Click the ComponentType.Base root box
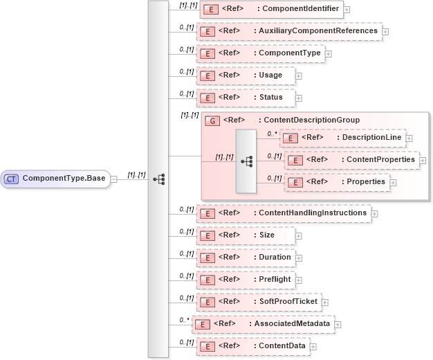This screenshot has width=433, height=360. pos(55,179)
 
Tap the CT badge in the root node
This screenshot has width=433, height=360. pos(12,179)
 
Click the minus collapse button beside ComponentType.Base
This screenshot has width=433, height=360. pos(113,179)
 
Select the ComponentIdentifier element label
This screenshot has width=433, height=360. pos(298,9)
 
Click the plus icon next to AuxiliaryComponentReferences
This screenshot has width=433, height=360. pos(385,31)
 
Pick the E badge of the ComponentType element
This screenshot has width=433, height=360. pos(205,53)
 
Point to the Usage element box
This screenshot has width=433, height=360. pos(246,75)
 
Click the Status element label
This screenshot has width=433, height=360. pos(270,98)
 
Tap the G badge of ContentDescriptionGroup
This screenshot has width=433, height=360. pos(214,120)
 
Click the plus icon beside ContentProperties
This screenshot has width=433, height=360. pos(423,160)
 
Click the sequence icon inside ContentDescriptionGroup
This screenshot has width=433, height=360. pos(246,160)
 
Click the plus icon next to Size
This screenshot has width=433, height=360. pos(299,235)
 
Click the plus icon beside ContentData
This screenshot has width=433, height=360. pos(313,346)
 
